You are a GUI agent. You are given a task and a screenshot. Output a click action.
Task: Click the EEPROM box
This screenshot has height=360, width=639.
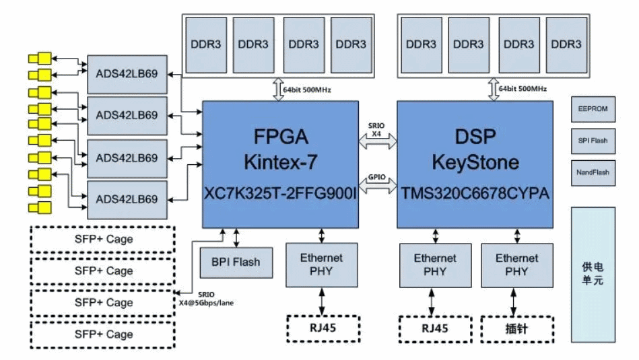593,108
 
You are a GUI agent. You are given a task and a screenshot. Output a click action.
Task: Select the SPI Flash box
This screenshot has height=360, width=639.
593,141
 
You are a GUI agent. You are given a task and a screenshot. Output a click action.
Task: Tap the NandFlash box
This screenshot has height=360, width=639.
593,172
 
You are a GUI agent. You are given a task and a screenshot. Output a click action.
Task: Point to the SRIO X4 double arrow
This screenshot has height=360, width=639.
377,141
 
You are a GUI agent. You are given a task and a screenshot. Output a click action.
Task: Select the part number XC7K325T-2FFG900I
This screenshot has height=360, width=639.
279,194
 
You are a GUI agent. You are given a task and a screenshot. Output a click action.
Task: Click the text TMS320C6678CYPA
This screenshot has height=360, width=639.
475,194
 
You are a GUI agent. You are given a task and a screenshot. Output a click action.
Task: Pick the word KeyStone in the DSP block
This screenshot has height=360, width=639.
475,162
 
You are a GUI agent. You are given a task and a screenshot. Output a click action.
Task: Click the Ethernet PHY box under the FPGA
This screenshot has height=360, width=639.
321,264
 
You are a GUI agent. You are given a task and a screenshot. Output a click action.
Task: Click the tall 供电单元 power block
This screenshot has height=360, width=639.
593,274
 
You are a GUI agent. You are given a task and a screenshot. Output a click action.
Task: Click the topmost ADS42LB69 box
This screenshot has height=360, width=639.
127,73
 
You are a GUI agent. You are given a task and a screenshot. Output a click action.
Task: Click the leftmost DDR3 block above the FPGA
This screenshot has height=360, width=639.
205,45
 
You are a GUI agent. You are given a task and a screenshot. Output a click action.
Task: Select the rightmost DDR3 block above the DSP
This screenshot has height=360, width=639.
566,45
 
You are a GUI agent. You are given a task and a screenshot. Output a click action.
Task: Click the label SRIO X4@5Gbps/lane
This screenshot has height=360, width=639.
206,298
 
